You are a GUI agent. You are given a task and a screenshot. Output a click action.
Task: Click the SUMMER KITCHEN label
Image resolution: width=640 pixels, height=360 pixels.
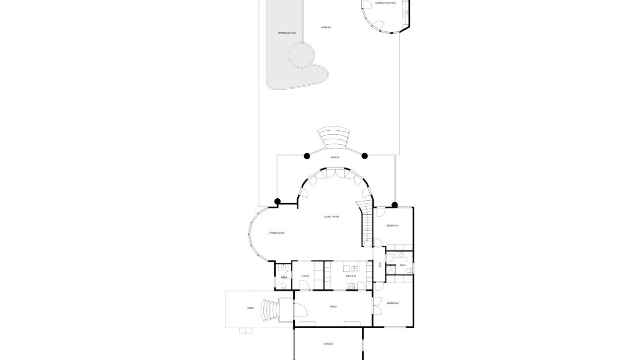click(x=385, y=3)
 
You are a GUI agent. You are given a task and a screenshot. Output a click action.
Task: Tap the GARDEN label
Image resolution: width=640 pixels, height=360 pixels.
click(x=326, y=27)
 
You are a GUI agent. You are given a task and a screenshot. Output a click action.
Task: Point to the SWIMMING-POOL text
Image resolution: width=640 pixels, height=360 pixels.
click(x=287, y=33)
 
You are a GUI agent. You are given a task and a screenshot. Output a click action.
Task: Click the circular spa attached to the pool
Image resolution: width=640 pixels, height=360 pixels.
click(x=302, y=55)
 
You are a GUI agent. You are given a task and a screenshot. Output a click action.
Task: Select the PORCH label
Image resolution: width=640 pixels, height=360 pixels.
click(x=335, y=157)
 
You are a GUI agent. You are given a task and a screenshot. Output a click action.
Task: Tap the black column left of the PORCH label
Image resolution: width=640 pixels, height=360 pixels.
click(x=307, y=156)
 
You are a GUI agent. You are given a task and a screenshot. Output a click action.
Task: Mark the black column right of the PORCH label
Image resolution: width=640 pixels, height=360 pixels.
click(x=364, y=156)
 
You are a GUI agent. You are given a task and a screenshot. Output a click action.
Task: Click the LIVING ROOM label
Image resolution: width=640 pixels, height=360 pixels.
click(x=331, y=217)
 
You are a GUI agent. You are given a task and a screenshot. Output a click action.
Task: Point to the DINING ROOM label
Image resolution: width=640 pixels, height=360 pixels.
click(x=277, y=233)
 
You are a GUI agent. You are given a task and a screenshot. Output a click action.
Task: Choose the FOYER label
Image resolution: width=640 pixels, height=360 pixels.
click(x=305, y=276)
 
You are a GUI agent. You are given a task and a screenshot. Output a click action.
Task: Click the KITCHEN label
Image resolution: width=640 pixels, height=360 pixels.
click(x=350, y=276)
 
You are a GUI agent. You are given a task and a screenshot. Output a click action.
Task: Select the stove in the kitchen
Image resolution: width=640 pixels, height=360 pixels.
click(x=351, y=286)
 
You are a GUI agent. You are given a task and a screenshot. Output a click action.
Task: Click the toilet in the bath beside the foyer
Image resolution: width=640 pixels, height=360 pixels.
click(x=283, y=285)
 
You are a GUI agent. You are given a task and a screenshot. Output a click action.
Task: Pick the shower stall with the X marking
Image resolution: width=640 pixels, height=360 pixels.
click(x=391, y=269)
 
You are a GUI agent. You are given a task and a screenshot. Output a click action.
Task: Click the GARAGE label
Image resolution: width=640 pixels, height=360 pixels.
click(x=328, y=344)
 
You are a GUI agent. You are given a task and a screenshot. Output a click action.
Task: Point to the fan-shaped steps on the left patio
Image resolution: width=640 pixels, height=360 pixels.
click(x=269, y=310)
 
